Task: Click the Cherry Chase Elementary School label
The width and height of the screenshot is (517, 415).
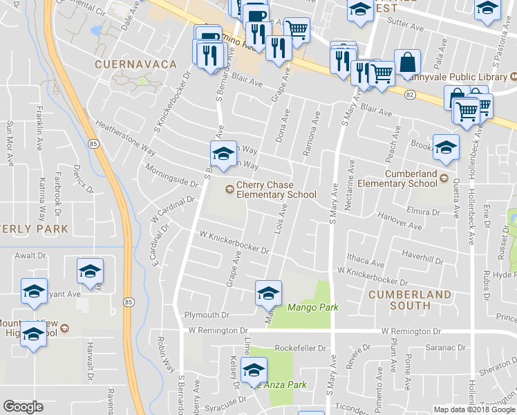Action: (x=276, y=190)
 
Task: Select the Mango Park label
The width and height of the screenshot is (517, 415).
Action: (x=313, y=307)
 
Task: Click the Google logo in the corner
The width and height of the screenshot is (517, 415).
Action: (x=23, y=407)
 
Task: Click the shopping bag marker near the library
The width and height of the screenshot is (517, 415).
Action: (x=408, y=62)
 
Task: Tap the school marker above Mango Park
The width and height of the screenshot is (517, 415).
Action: (x=268, y=293)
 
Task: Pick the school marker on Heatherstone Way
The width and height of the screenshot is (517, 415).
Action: (x=223, y=154)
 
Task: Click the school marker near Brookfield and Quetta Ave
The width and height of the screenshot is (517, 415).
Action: (x=446, y=147)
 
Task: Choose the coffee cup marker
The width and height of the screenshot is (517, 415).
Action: (x=256, y=15)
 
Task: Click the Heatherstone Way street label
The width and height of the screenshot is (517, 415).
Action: (x=125, y=137)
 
